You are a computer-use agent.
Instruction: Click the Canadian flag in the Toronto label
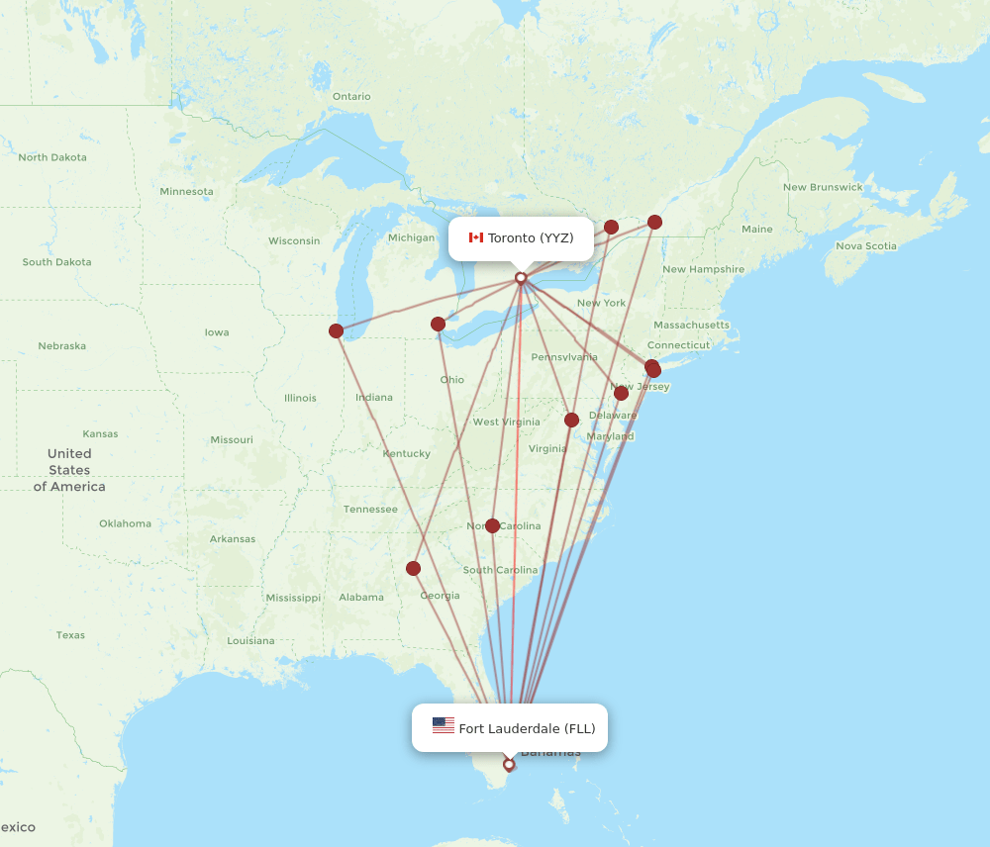click(x=475, y=237)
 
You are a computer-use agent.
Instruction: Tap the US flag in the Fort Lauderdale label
click(x=444, y=726)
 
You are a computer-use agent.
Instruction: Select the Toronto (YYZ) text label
click(x=531, y=237)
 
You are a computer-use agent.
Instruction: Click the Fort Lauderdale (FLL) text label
click(x=527, y=729)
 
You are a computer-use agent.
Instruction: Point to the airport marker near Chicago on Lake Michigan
click(x=337, y=330)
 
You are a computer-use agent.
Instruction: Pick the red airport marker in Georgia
click(x=413, y=568)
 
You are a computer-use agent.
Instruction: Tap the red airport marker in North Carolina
click(x=492, y=525)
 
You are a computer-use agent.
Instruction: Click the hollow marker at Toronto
click(x=521, y=278)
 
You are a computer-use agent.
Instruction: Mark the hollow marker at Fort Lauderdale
click(x=509, y=764)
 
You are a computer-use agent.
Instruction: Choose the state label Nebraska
click(x=61, y=346)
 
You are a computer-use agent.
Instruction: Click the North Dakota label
click(x=52, y=157)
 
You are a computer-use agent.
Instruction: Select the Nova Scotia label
click(x=866, y=246)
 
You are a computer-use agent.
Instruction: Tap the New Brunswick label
click(x=823, y=187)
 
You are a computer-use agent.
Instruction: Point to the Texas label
click(x=70, y=635)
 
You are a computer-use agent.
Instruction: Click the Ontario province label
click(x=351, y=96)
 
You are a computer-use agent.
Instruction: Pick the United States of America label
click(x=69, y=470)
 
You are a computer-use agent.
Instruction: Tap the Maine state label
click(x=757, y=230)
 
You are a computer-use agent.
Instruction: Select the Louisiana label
click(x=250, y=641)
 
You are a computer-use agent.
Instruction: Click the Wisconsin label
click(x=294, y=240)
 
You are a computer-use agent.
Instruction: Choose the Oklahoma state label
click(x=125, y=523)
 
